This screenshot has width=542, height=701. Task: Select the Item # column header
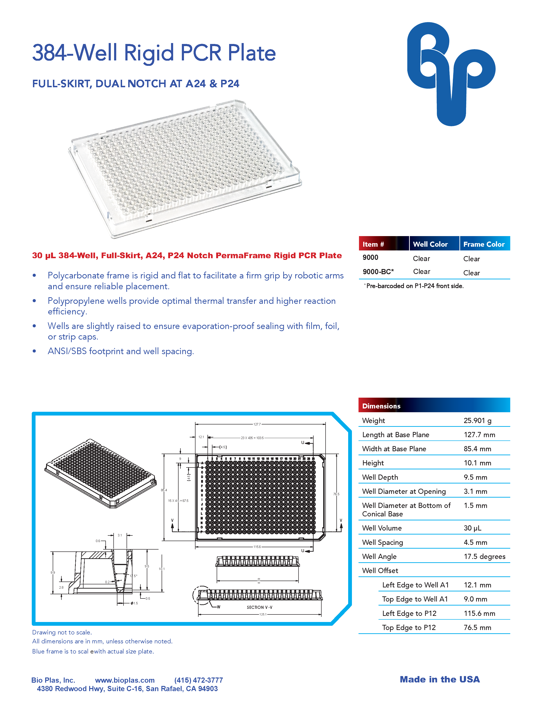point(373,244)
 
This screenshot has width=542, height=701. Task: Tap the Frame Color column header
point(484,244)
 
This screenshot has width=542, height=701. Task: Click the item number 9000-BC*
point(378,272)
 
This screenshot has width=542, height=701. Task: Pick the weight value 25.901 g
point(477,420)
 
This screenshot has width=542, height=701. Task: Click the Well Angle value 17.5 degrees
point(484,557)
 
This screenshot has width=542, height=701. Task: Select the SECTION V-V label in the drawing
point(259,607)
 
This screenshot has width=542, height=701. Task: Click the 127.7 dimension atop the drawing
point(257,424)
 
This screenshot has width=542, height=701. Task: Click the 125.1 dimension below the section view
point(263,614)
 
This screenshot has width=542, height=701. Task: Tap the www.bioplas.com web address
point(125,680)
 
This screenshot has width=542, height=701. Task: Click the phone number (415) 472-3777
point(199,680)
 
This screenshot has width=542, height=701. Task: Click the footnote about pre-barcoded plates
point(414,286)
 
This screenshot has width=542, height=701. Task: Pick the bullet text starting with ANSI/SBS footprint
point(121,351)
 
